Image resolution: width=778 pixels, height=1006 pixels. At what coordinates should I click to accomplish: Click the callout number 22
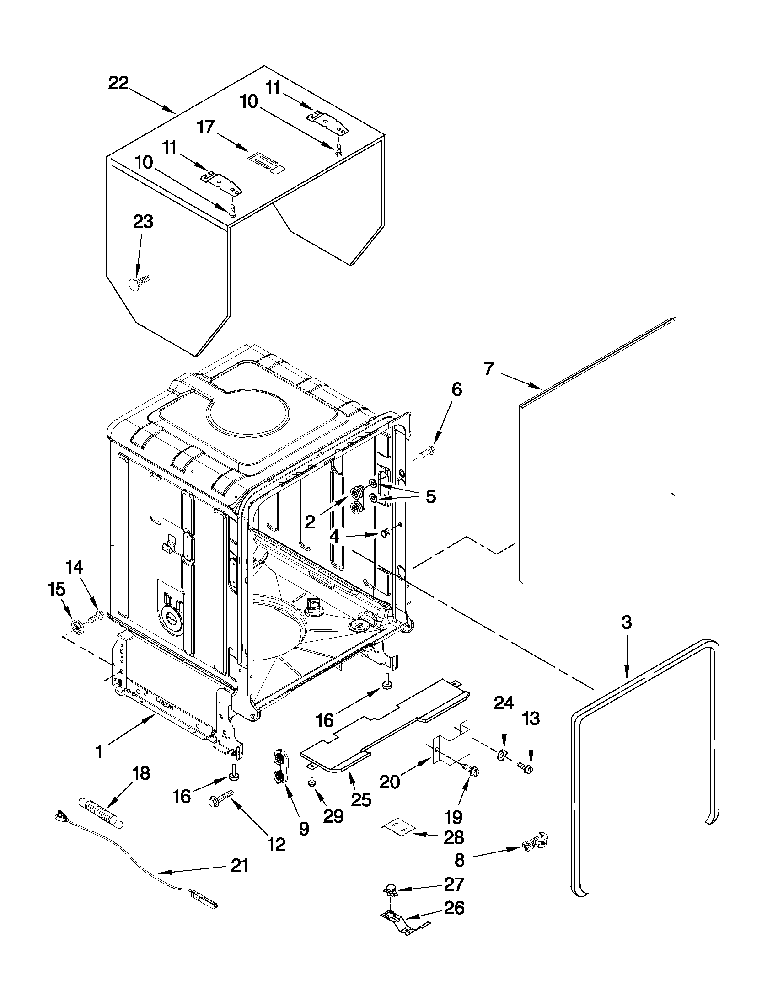(x=118, y=83)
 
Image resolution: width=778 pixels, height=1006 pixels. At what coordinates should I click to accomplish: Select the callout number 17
(x=206, y=127)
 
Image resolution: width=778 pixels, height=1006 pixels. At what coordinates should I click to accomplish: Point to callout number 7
(x=488, y=369)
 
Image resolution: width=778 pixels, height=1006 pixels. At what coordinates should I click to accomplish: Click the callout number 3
(x=626, y=623)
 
